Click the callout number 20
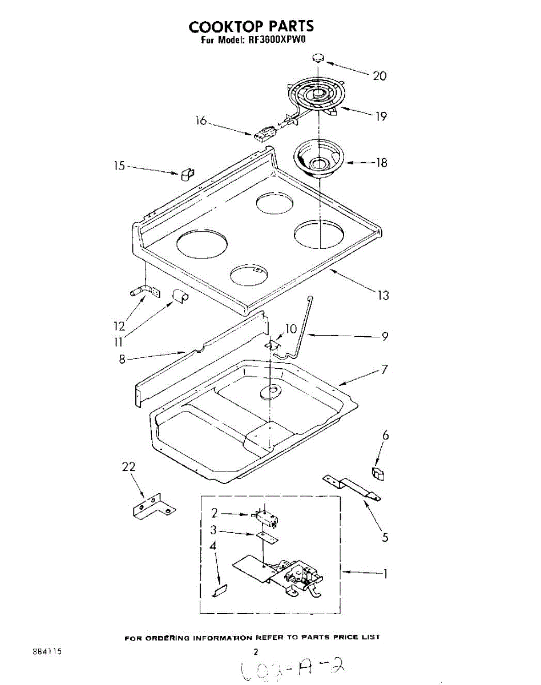379,76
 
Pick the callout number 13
383,295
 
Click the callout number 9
385,336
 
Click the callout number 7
385,369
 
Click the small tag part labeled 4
220,591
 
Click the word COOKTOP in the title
220,26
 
